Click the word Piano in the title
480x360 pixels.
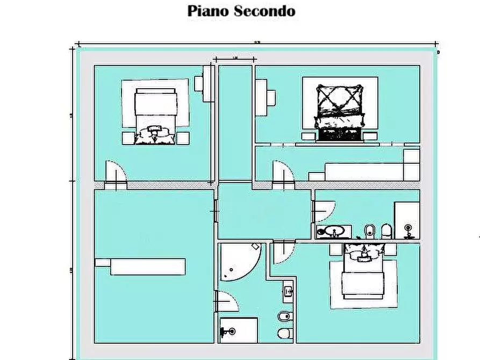(209, 11)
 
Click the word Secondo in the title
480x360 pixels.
(265, 11)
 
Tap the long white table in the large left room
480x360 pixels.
(147, 267)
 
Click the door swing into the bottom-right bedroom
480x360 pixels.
(283, 253)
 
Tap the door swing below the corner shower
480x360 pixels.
(227, 301)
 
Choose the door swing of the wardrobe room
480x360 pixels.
(283, 173)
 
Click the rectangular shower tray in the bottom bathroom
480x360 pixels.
(238, 329)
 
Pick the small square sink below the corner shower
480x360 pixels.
(288, 292)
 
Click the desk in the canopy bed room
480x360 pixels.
(266, 97)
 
